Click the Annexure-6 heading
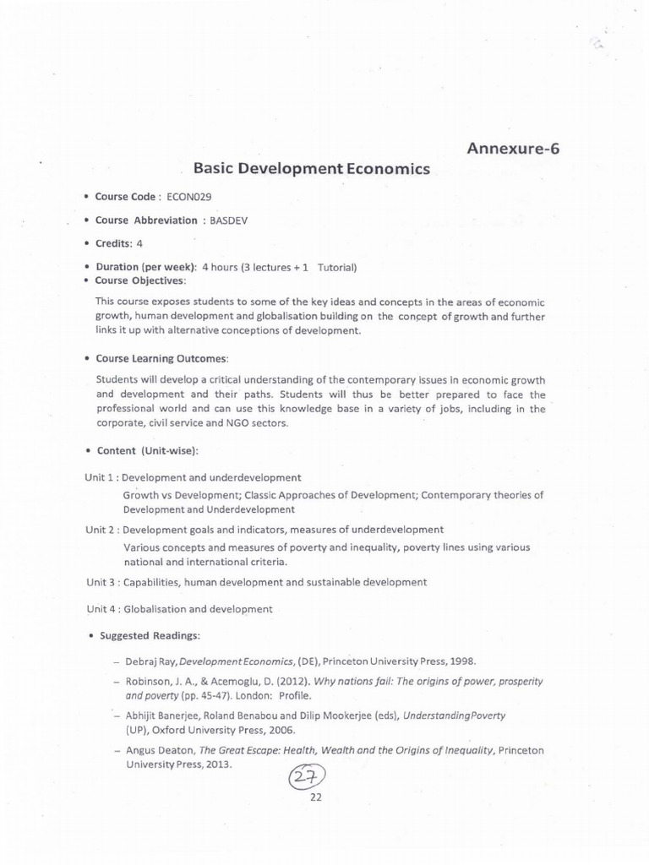[513, 149]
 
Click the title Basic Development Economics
[312, 168]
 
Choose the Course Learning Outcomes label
[161, 358]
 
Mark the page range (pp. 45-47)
[205, 696]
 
